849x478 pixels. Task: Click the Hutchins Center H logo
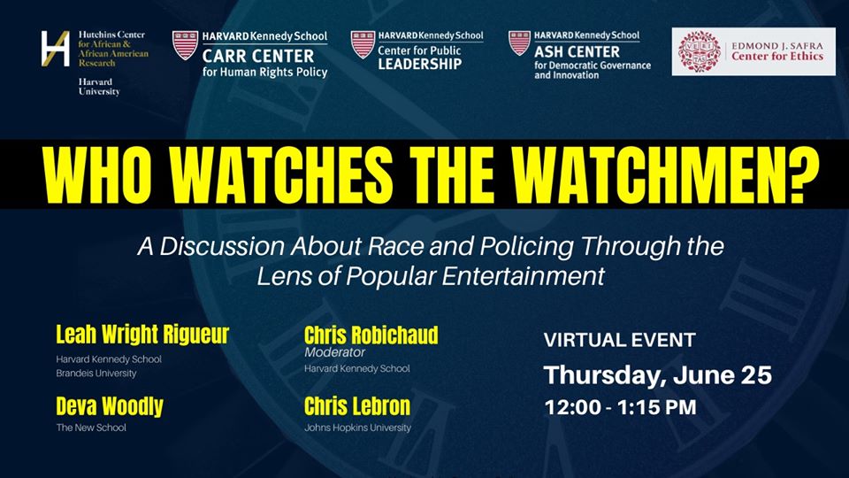55,49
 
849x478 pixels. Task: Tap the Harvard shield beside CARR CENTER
185,45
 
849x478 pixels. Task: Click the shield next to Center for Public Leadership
363,44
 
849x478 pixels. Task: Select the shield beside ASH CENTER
519,42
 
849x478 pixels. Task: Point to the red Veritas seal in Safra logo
700,52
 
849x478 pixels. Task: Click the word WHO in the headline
97,175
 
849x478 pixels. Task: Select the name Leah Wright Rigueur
142,335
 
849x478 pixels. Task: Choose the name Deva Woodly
110,406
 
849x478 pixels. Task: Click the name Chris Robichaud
371,335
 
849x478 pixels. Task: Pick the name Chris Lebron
357,406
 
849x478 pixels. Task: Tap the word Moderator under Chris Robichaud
334,352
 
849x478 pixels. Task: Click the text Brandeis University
96,374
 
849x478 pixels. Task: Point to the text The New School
91,428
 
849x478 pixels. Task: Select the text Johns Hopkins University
358,428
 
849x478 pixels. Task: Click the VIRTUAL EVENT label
619,340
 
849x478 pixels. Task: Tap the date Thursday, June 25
657,375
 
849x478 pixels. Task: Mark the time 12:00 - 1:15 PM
620,407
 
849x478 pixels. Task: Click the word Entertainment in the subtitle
523,276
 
